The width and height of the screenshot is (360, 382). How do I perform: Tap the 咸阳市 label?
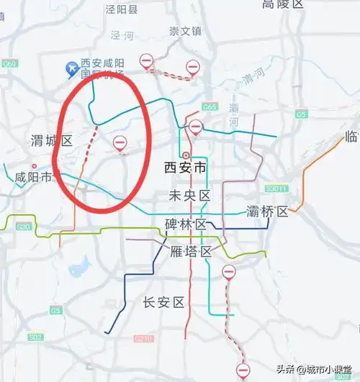[32, 177]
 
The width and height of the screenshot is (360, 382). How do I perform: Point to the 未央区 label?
[189, 196]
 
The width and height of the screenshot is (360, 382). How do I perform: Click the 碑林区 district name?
[186, 224]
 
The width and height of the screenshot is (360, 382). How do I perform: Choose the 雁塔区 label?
[191, 251]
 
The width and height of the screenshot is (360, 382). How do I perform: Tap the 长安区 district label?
[164, 301]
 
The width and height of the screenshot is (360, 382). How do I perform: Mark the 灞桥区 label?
[267, 212]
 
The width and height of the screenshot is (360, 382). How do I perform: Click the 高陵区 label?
[284, 5]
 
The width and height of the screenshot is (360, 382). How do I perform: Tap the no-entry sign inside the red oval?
[120, 143]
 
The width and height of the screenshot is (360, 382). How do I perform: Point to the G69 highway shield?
[9, 64]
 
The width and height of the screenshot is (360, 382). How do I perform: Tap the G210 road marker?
[144, 338]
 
